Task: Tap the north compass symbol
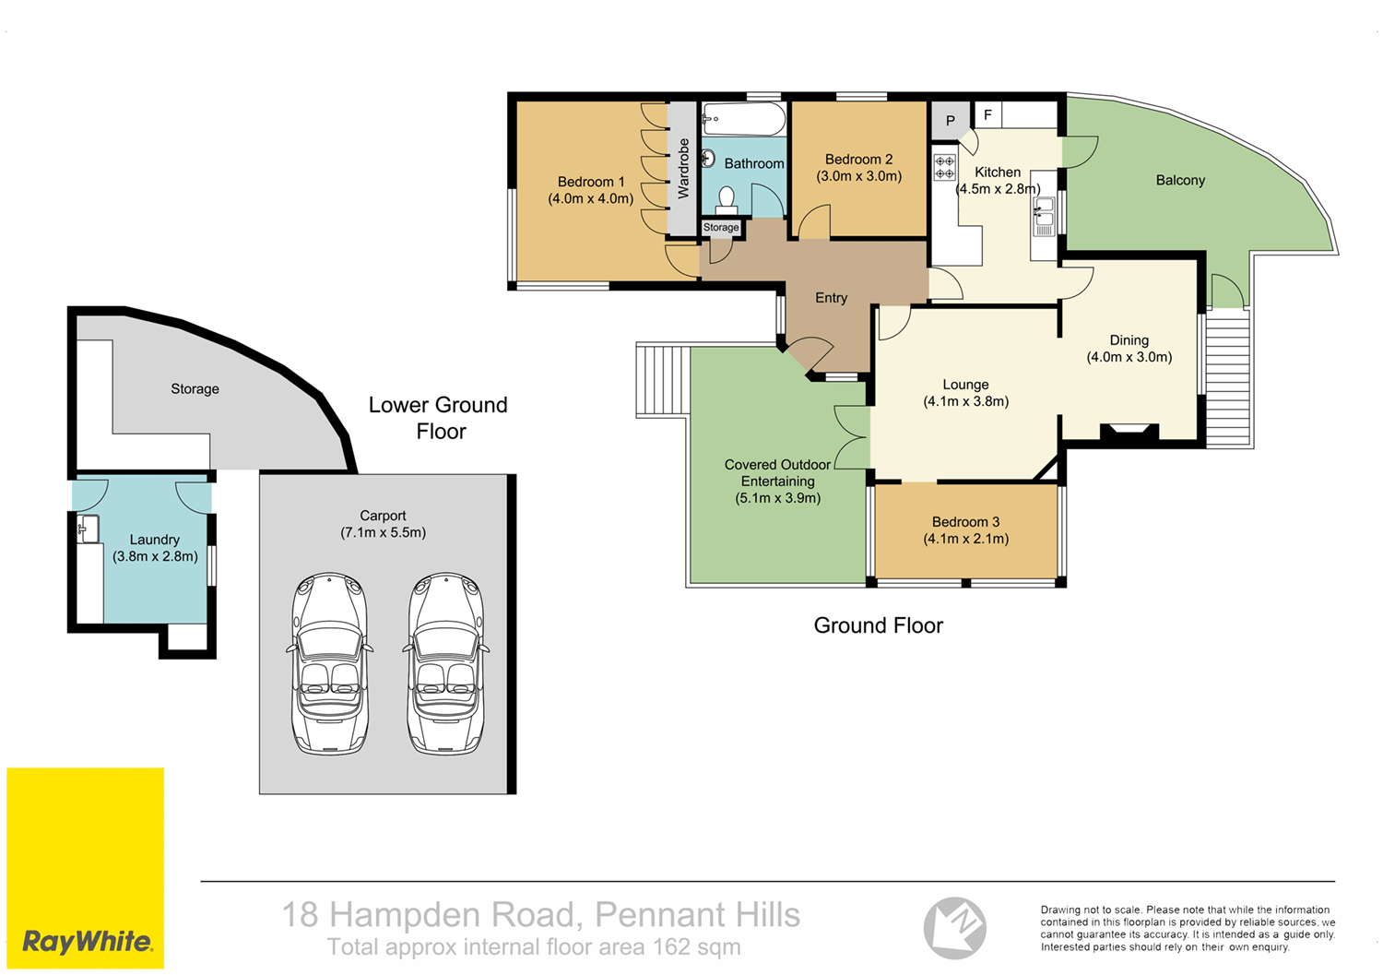pyautogui.click(x=955, y=927)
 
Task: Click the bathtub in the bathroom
pyautogui.click(x=744, y=120)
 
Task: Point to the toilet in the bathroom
pyautogui.click(x=727, y=199)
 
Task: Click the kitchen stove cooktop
pyautogui.click(x=945, y=167)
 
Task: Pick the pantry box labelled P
pyautogui.click(x=950, y=121)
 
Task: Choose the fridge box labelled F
pyautogui.click(x=987, y=115)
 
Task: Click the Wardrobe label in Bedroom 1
pyautogui.click(x=683, y=168)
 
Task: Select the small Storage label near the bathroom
pyautogui.click(x=721, y=227)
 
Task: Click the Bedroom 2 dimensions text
pyautogui.click(x=858, y=176)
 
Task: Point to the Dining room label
pyautogui.click(x=1129, y=340)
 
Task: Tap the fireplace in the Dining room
pyautogui.click(x=1129, y=432)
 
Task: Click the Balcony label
pyautogui.click(x=1180, y=181)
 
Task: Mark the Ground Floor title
pyautogui.click(x=878, y=625)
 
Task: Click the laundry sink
pyautogui.click(x=89, y=529)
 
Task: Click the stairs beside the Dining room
pyautogui.click(x=1227, y=378)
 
